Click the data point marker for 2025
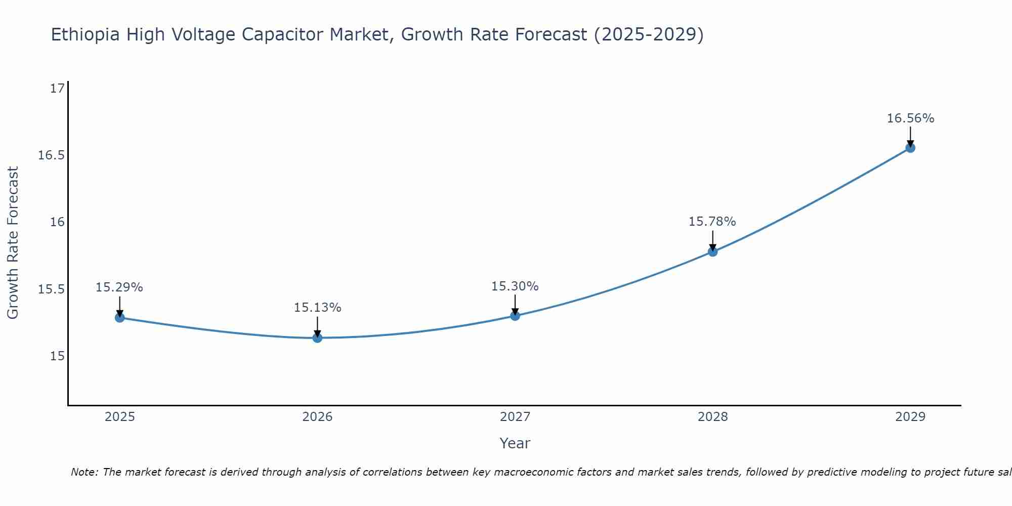tap(120, 318)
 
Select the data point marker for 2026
tap(317, 338)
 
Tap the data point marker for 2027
tap(515, 316)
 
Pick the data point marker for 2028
tap(712, 251)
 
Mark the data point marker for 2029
tap(910, 148)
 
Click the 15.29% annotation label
tap(119, 287)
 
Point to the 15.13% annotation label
tap(317, 308)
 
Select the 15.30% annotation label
tap(515, 286)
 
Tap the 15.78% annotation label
tap(712, 222)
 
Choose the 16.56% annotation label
tap(910, 118)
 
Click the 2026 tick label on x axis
tap(317, 417)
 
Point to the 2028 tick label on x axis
tap(712, 417)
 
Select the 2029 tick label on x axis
tap(910, 417)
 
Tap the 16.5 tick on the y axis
tap(51, 155)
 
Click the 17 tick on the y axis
tap(57, 89)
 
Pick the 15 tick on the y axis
tap(57, 356)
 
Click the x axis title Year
tap(515, 443)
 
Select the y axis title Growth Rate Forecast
tap(13, 243)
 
